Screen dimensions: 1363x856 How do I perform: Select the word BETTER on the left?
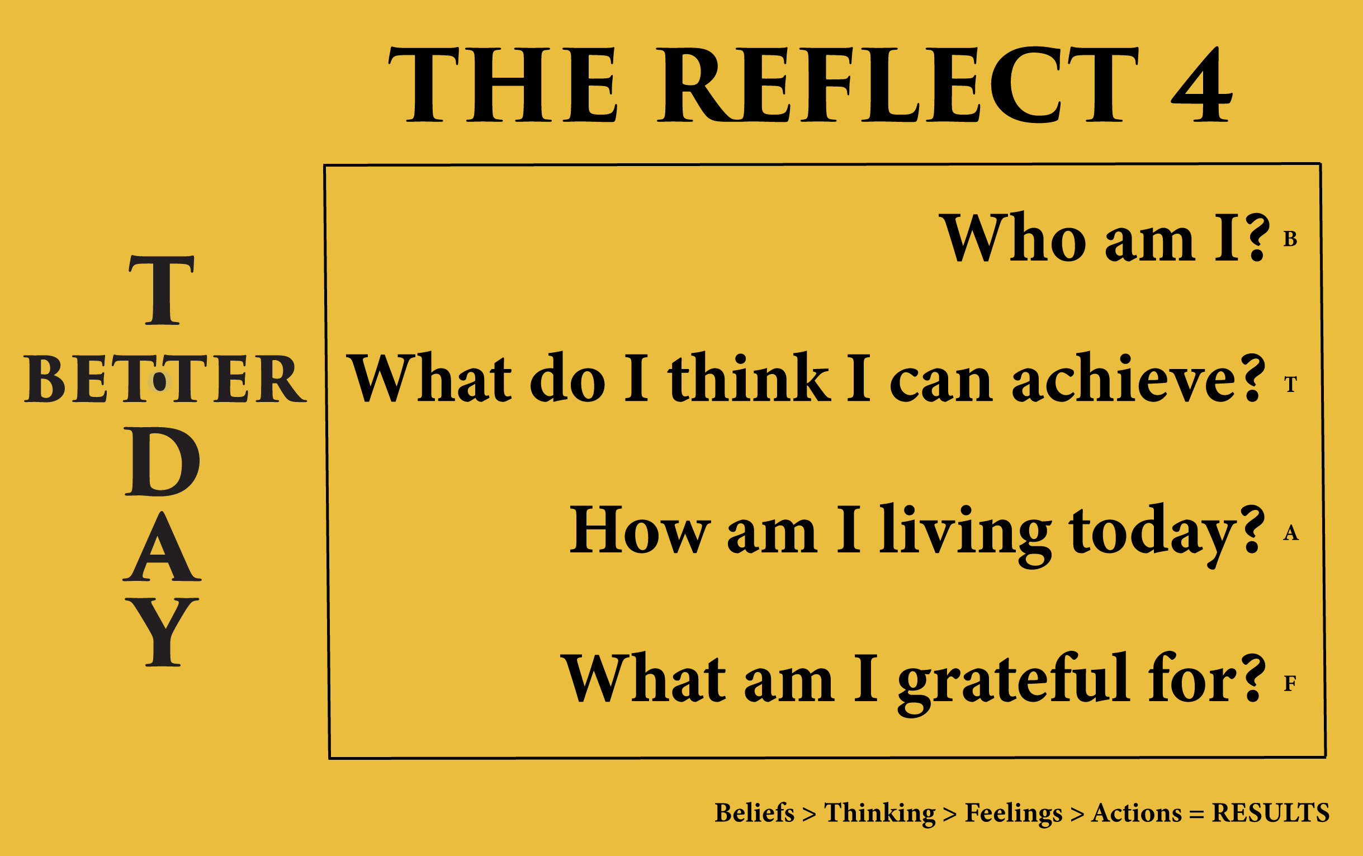165,379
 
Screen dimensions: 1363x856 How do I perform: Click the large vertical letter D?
162,462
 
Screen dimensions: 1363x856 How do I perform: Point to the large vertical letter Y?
163,632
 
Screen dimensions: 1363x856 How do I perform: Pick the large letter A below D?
162,546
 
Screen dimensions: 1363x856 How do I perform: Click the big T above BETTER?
162,290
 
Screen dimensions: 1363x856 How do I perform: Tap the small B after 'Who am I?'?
1290,239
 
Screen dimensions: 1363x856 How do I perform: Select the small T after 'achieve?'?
1290,385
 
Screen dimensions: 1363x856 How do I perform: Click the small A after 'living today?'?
1290,533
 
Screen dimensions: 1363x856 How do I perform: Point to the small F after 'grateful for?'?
1290,683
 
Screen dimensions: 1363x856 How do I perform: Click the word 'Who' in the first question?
1012,237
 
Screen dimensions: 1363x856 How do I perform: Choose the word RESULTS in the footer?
1270,813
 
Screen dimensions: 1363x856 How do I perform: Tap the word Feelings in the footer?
1014,814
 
